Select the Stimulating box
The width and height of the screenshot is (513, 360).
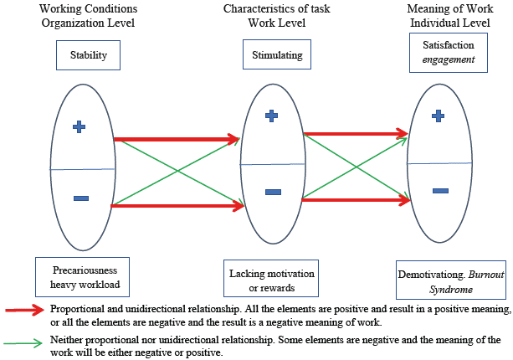[277, 57]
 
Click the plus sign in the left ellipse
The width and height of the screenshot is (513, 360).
[80, 126]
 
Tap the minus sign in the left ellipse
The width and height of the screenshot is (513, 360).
[80, 198]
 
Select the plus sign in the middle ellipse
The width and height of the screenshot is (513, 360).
[271, 116]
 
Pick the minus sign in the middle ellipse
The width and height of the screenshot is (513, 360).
[273, 192]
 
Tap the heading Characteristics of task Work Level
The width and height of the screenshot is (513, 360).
[276, 15]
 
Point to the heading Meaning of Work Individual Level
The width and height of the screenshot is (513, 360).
[449, 15]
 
